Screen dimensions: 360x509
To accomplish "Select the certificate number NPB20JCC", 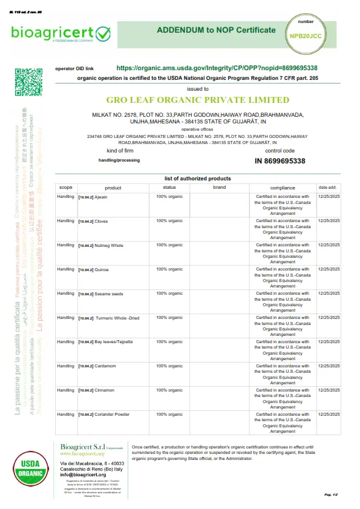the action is (306, 36).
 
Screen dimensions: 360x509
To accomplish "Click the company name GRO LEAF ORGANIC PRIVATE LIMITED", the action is (198, 100).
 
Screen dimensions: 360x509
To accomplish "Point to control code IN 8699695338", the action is (280, 161).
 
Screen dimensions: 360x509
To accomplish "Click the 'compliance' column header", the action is (283, 188).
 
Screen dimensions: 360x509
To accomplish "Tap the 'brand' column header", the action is (220, 188).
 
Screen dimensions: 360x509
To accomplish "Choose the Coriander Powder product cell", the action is (111, 415).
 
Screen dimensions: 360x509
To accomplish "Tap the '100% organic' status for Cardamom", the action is (169, 366).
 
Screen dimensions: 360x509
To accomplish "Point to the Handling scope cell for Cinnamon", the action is (65, 390).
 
